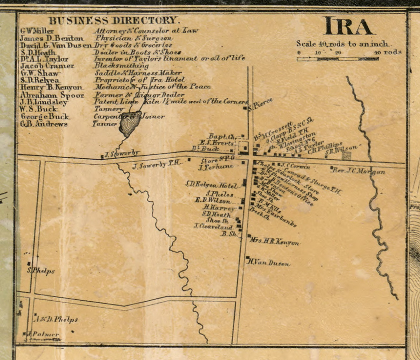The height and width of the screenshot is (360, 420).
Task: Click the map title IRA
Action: tap(348, 27)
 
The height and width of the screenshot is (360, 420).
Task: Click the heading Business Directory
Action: tap(114, 21)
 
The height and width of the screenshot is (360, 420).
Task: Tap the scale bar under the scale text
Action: tap(338, 59)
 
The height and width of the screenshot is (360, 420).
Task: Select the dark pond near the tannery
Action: tap(130, 124)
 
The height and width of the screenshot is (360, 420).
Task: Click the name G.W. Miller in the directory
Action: tap(37, 31)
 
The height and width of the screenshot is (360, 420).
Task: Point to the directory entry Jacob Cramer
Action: tap(47, 66)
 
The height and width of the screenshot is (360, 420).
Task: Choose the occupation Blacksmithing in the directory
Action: tap(121, 66)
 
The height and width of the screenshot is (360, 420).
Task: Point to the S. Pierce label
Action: tap(261, 104)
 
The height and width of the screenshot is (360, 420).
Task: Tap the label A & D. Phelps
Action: tap(56, 319)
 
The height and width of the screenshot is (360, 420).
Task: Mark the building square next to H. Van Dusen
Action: tap(248, 258)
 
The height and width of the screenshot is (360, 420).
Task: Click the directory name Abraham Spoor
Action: tap(52, 95)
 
